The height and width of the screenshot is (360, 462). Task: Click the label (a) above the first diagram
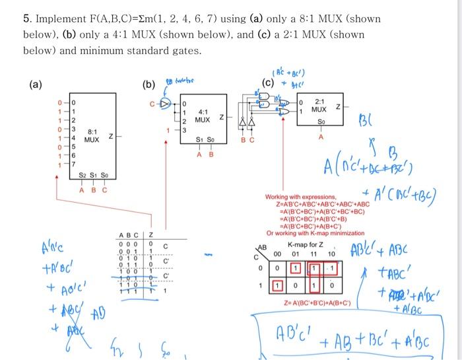point(35,85)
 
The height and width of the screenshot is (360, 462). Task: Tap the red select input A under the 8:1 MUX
point(81,190)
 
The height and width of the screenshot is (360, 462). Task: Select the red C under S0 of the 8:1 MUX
point(104,190)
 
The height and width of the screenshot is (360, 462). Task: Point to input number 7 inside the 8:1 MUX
point(74,162)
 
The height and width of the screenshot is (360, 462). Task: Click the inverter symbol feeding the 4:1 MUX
point(168,103)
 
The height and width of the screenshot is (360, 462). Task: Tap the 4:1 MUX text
point(203,116)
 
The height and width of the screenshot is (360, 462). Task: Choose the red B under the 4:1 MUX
point(211,155)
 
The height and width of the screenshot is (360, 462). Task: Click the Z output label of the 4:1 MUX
point(222,118)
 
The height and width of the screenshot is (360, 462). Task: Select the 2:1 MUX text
point(319,105)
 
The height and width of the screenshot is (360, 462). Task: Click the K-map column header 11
point(314,254)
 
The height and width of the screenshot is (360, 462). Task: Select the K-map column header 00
point(277,254)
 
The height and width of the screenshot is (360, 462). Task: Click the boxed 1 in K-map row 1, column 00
point(277,286)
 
